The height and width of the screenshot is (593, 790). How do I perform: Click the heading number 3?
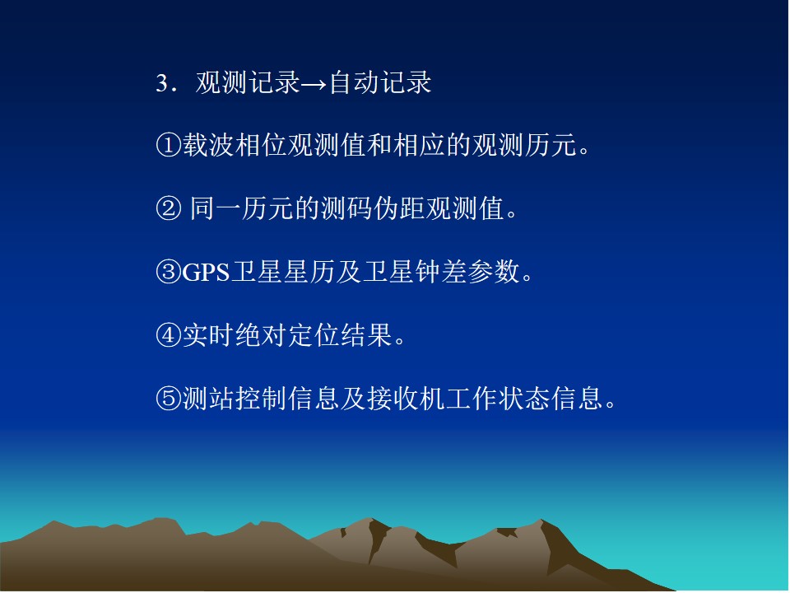pos(162,83)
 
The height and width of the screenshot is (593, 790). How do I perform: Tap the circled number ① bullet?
pos(168,145)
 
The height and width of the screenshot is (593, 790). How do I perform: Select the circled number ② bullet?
pos(168,208)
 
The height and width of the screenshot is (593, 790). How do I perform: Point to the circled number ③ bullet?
pos(168,272)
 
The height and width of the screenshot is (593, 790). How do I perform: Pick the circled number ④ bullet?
pos(168,335)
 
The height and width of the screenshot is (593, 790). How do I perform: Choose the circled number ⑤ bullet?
pos(168,399)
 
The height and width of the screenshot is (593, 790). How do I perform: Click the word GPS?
pos(206,273)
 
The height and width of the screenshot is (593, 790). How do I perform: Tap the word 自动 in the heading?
pos(354,82)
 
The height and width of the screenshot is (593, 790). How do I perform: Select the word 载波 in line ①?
pos(207,145)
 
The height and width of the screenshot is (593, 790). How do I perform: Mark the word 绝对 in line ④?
pos(261,335)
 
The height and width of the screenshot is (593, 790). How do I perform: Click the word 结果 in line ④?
pos(366,335)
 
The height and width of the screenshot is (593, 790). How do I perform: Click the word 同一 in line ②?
pos(215,208)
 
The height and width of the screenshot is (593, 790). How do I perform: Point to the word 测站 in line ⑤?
pos(207,399)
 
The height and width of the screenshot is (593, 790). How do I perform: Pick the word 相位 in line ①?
pos(261,145)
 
